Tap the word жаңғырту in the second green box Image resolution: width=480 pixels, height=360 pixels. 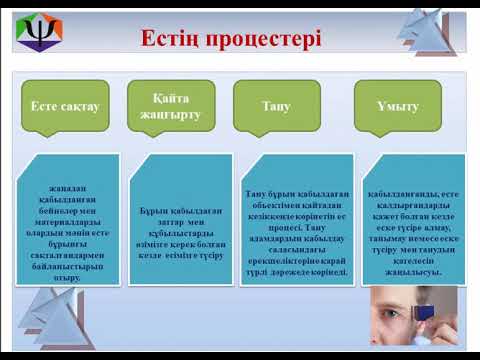point(171,115)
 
